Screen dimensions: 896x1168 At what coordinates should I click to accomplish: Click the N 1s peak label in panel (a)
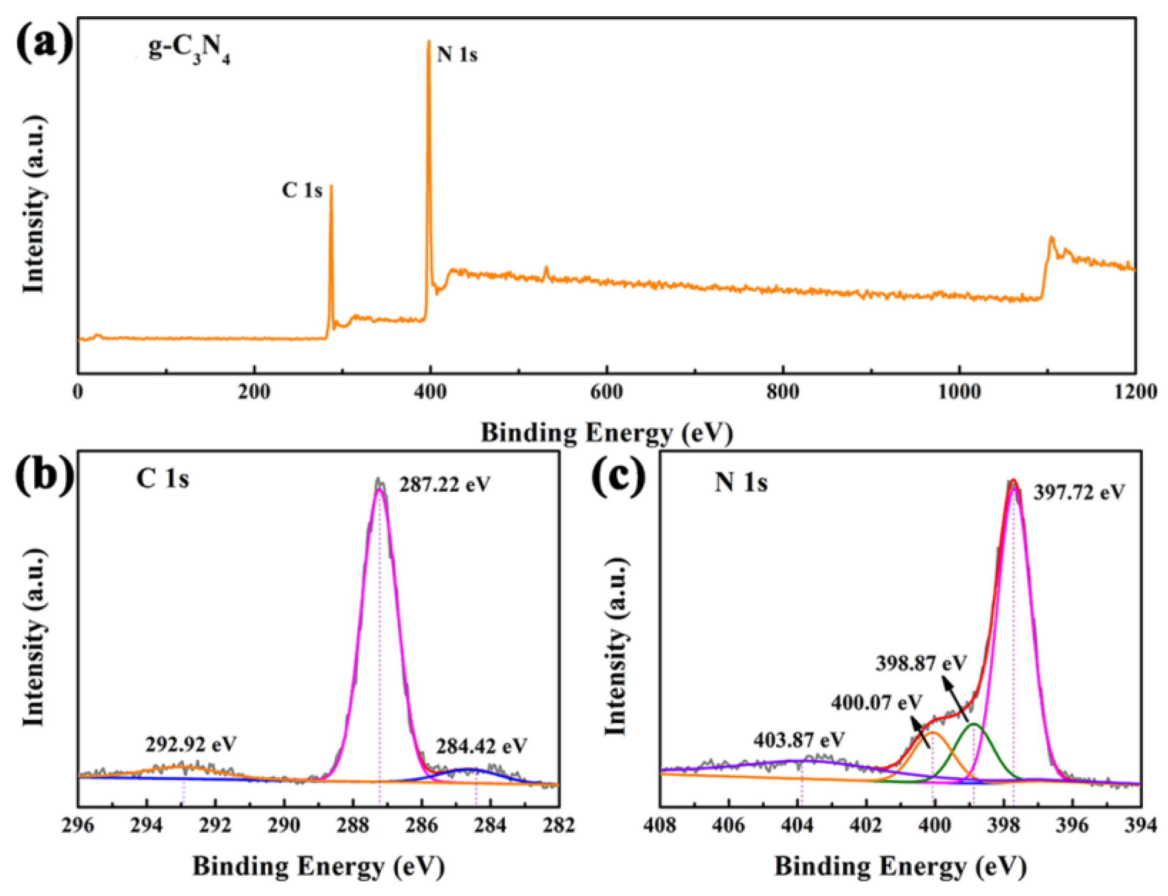tap(457, 55)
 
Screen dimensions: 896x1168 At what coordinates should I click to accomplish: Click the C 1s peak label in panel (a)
tap(302, 190)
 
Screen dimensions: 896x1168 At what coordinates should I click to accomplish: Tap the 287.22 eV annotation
tap(444, 485)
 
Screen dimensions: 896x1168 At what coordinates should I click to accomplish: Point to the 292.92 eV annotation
tap(191, 743)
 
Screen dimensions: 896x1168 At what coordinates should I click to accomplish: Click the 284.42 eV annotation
tap(482, 745)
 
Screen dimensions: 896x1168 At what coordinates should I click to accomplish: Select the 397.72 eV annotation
tap(1079, 492)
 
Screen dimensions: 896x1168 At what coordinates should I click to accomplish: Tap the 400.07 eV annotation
tap(876, 703)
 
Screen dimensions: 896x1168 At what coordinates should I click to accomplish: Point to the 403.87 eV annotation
tap(799, 740)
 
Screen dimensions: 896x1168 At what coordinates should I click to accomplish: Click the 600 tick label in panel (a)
tap(606, 392)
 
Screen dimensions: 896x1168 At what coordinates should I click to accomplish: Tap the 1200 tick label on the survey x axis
tap(1135, 392)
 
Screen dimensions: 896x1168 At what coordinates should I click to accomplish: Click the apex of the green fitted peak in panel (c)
tap(973, 724)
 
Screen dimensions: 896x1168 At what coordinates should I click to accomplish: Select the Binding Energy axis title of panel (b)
tap(319, 866)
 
